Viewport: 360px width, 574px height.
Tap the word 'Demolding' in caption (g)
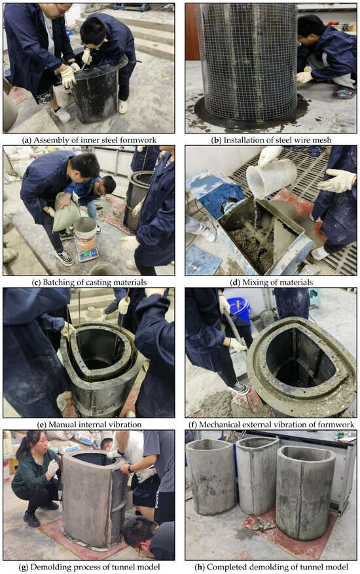(x=48, y=567)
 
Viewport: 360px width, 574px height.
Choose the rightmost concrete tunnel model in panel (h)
(x=305, y=492)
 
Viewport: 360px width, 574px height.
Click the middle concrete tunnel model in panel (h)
(x=257, y=475)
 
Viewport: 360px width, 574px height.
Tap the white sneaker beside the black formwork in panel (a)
(x=122, y=106)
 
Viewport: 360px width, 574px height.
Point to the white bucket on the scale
(x=85, y=233)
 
